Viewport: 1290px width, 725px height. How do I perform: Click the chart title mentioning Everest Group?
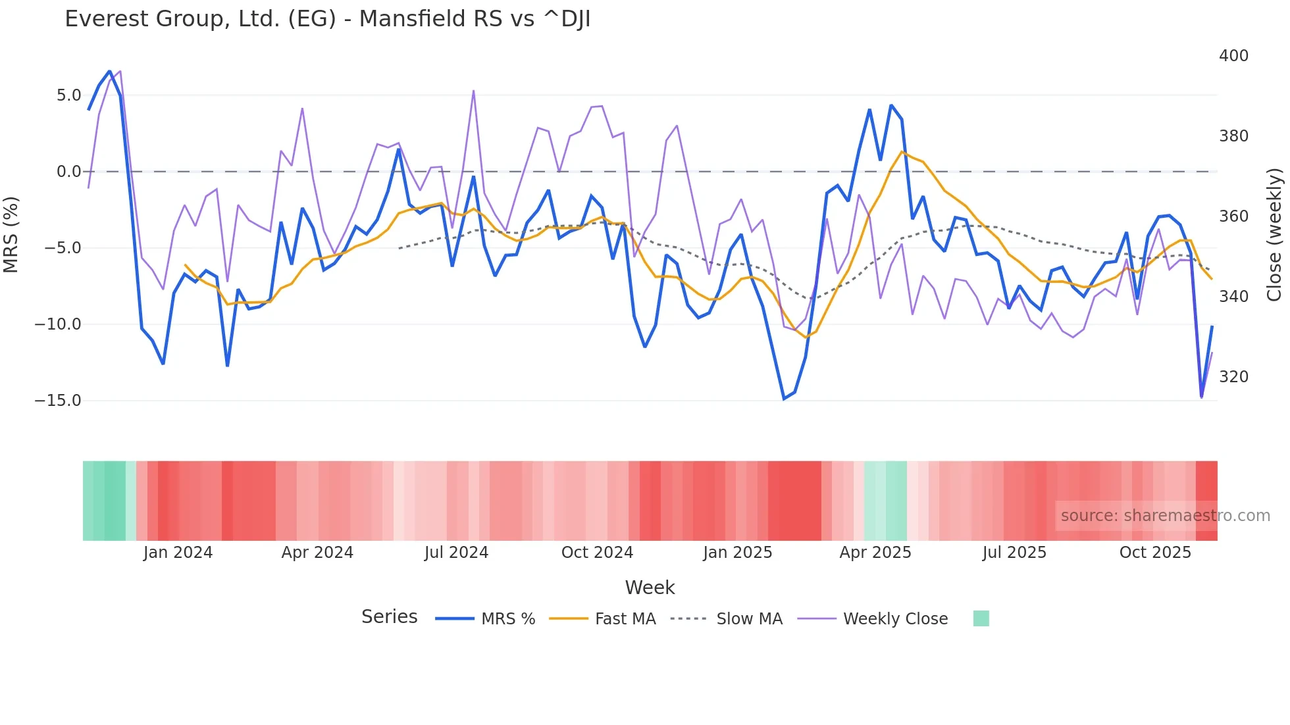click(327, 19)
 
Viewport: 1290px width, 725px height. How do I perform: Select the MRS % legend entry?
click(507, 619)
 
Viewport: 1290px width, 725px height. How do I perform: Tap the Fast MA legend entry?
click(625, 619)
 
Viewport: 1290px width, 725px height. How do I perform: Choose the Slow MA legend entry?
click(749, 619)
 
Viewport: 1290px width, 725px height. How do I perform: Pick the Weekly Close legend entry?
click(895, 619)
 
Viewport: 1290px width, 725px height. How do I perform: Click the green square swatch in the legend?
click(981, 618)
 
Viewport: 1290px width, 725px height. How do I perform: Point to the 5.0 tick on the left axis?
click(68, 95)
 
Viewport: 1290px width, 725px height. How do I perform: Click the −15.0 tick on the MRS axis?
click(58, 401)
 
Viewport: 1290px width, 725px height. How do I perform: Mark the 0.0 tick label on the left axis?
click(68, 172)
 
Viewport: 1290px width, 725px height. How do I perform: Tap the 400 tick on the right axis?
click(1233, 56)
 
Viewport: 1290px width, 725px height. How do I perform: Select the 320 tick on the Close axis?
click(1233, 377)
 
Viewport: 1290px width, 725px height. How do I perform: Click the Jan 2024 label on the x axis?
click(178, 553)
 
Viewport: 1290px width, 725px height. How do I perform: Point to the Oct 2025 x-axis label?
click(1155, 553)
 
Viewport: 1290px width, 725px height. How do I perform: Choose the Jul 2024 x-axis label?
click(456, 553)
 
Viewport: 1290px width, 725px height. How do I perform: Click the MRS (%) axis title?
click(11, 234)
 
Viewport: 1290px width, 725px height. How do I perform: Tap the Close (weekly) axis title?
click(1275, 234)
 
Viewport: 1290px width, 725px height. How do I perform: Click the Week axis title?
click(650, 587)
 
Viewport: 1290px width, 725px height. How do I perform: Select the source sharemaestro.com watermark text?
click(1165, 516)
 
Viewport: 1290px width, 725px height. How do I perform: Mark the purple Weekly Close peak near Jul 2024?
click(473, 91)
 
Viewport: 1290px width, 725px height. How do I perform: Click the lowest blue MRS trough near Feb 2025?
click(784, 399)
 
